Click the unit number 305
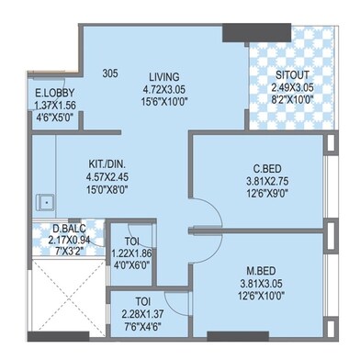click(110, 73)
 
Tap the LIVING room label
click(164, 76)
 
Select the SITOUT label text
click(292, 75)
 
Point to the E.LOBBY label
click(55, 93)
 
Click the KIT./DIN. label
click(107, 163)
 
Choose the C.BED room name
click(267, 168)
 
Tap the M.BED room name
click(261, 271)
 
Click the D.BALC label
click(69, 229)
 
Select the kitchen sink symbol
click(46, 202)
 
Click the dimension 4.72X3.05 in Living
click(164, 89)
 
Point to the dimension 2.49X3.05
click(292, 88)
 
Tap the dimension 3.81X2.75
click(267, 181)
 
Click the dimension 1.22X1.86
click(132, 253)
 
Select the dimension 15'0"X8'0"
click(107, 190)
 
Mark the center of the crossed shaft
click(68, 296)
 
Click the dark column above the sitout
click(256, 32)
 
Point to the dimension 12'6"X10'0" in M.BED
click(261, 297)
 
